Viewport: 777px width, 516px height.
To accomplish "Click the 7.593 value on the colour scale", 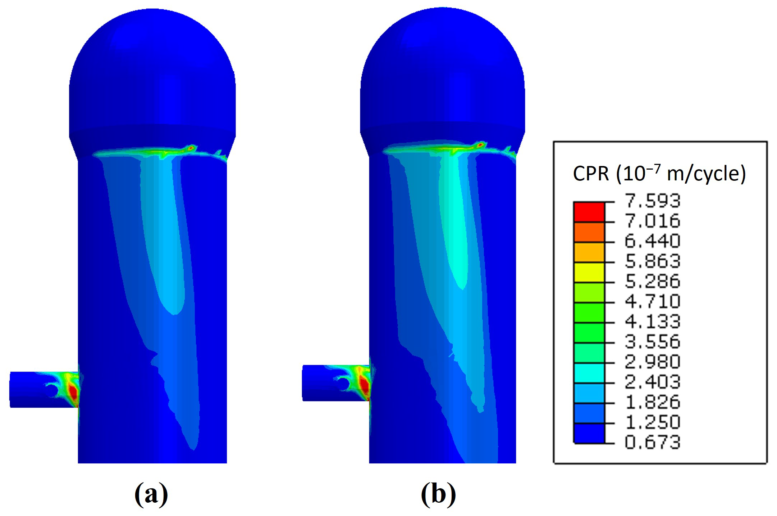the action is (653, 201).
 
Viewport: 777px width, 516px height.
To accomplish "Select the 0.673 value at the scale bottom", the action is (653, 442).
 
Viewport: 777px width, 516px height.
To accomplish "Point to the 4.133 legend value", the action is (653, 322).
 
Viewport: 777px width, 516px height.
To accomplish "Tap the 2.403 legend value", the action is (653, 382).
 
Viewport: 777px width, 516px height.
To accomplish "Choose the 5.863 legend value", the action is (653, 261).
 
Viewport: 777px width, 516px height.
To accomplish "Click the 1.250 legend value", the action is (653, 422).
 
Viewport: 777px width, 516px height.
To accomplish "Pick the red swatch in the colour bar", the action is (589, 212).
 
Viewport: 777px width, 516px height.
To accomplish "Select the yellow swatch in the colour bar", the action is (589, 273).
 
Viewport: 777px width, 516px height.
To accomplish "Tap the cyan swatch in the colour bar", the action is (589, 373).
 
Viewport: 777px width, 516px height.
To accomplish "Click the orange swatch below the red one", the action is (589, 232).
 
